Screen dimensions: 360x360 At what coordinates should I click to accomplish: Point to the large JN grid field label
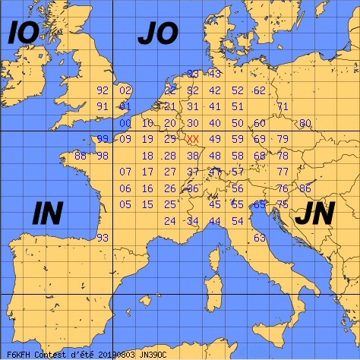click(x=313, y=215)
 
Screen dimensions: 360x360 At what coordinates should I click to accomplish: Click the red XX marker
click(x=193, y=139)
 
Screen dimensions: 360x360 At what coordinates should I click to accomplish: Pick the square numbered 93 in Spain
click(x=103, y=238)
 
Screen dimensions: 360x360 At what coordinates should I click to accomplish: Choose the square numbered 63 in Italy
click(x=260, y=238)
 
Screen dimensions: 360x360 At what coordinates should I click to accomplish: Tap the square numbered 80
click(x=305, y=123)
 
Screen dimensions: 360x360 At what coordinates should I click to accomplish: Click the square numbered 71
click(x=283, y=106)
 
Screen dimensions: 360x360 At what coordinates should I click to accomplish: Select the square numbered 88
click(x=80, y=156)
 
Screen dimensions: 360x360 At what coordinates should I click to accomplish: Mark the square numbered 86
click(x=305, y=188)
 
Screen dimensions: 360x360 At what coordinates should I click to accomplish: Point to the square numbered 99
click(x=103, y=139)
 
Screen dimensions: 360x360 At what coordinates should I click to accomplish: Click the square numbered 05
click(x=125, y=205)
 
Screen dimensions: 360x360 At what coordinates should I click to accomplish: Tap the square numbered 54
click(x=238, y=221)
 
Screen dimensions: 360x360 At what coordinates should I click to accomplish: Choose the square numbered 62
click(x=260, y=90)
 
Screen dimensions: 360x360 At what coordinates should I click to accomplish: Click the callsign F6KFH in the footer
click(x=17, y=353)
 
